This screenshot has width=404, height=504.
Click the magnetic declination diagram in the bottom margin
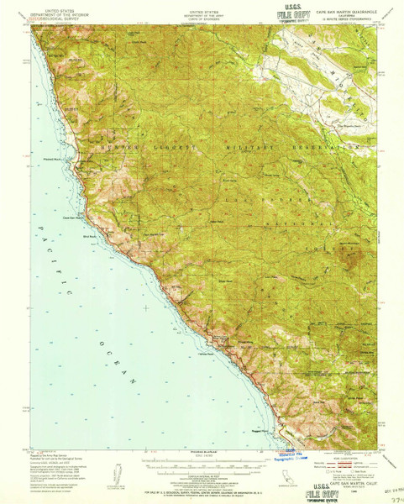coord(113,470)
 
